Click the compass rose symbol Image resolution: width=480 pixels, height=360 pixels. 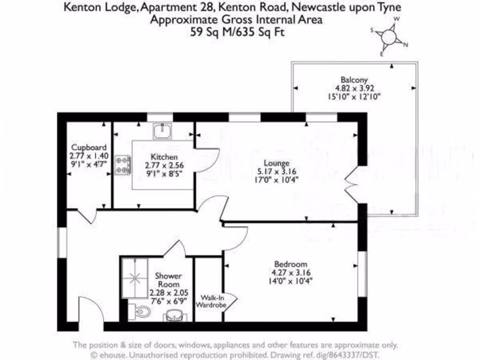coord(389,37)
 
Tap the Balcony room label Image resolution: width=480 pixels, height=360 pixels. coord(354,80)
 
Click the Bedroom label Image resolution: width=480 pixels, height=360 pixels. coord(291,264)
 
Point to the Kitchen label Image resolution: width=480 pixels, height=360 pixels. coord(164,157)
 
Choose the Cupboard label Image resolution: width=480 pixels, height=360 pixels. coord(88,147)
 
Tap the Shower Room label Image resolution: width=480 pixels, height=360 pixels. coord(168,280)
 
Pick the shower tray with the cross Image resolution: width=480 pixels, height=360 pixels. coord(135,278)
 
